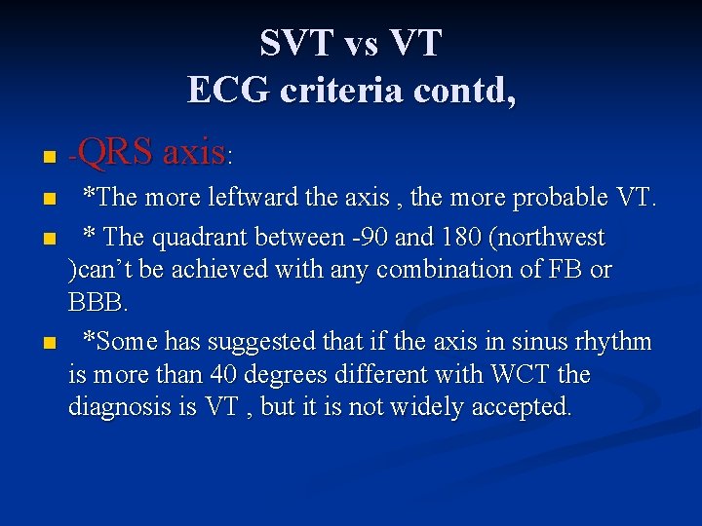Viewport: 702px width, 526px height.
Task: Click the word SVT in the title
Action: coord(292,43)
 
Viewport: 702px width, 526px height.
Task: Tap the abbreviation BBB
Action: coord(96,302)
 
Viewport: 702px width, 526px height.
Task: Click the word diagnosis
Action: coord(121,407)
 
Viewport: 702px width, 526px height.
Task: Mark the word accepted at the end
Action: coord(523,407)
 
